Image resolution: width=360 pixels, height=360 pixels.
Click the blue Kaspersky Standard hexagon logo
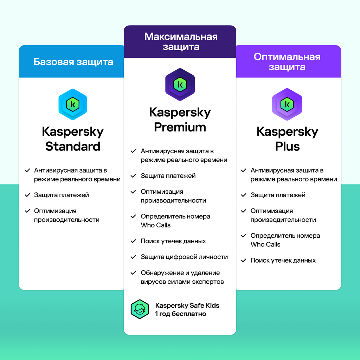pyautogui.click(x=73, y=104)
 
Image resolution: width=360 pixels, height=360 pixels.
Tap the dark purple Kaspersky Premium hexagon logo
pyautogui.click(x=180, y=84)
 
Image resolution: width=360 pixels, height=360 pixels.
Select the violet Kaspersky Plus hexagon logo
pyautogui.click(x=287, y=104)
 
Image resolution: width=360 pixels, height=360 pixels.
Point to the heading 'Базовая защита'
pyautogui.click(x=73, y=62)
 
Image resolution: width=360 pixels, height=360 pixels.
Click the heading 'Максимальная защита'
pyautogui.click(x=181, y=41)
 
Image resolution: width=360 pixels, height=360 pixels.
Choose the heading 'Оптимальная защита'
pyautogui.click(x=287, y=62)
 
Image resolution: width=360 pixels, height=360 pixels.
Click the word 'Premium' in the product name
pyautogui.click(x=180, y=127)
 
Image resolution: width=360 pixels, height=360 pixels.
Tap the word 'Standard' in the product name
pyautogui.click(x=73, y=146)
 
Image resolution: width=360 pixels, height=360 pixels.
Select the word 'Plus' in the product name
pyautogui.click(x=287, y=146)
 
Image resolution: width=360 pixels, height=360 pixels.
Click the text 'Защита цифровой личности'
pyautogui.click(x=184, y=257)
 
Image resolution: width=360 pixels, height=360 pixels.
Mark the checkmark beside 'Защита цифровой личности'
pyautogui.click(x=133, y=257)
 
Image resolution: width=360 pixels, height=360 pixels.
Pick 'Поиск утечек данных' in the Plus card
pyautogui.click(x=283, y=261)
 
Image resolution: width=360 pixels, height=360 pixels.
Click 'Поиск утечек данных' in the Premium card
pyautogui.click(x=173, y=241)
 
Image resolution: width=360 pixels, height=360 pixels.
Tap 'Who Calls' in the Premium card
pyautogui.click(x=156, y=225)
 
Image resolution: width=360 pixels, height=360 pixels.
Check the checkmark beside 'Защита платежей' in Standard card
pyautogui.click(x=27, y=195)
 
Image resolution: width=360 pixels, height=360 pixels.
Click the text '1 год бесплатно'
pyautogui.click(x=181, y=314)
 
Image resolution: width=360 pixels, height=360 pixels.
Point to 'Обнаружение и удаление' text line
pyautogui.click(x=180, y=273)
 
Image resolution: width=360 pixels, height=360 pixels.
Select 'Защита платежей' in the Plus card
pyautogui.click(x=278, y=195)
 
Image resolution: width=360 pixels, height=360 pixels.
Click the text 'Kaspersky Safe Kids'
pyautogui.click(x=187, y=306)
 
